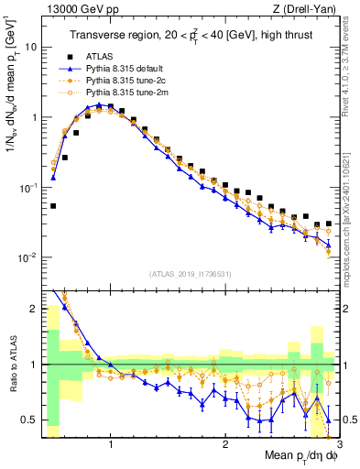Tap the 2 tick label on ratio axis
tap(32, 309)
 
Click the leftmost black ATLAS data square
tap(53, 206)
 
